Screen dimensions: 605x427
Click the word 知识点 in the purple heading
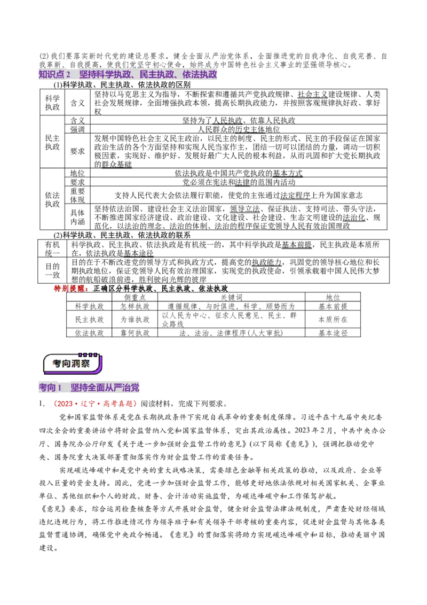51,75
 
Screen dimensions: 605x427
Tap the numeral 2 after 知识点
68,75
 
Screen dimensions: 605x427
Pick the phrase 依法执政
200,75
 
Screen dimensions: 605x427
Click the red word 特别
61,289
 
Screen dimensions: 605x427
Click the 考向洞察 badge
73,363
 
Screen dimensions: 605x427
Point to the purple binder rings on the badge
88,354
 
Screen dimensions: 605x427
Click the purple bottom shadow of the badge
73,374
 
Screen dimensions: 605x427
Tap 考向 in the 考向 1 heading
47,387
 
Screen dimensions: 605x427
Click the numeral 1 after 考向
60,387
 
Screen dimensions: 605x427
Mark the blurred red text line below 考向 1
94,404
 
